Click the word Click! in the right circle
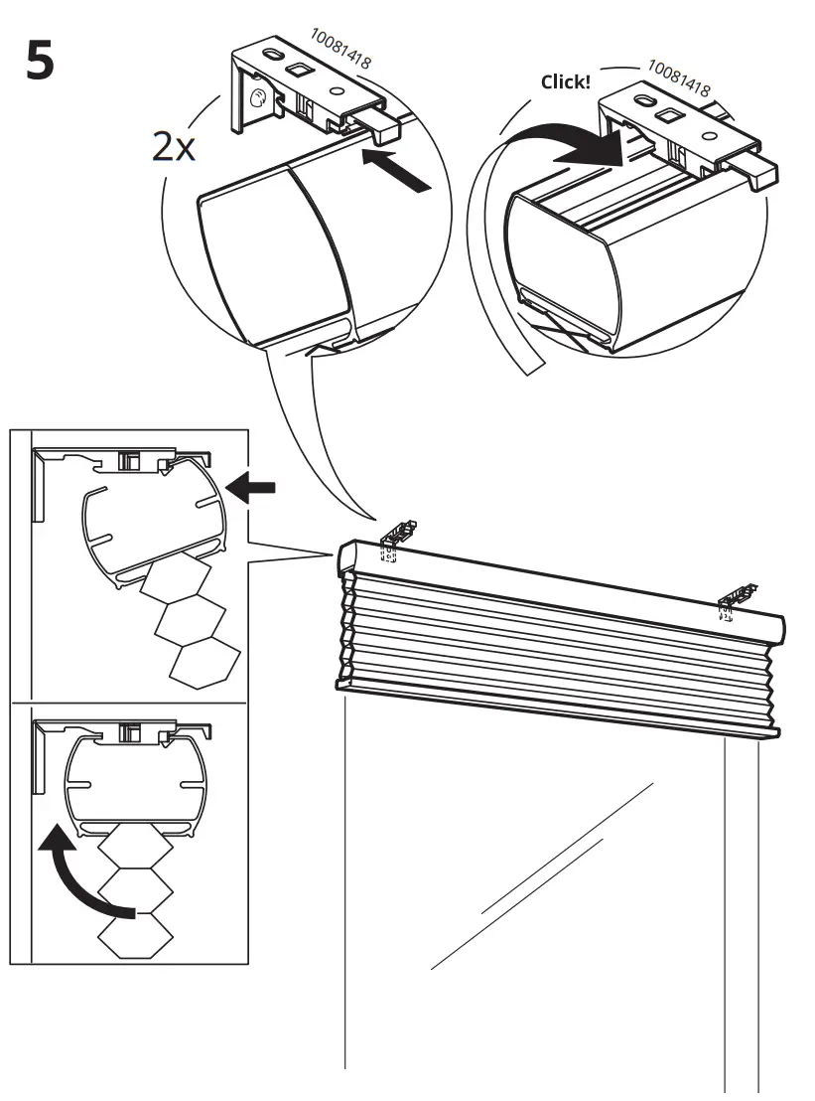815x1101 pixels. (x=565, y=81)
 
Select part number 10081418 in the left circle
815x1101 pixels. (x=340, y=48)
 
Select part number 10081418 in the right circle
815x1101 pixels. (x=679, y=79)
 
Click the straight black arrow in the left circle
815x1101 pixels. (x=398, y=168)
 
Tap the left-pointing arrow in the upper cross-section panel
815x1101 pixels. (x=250, y=487)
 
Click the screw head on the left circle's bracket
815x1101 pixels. (x=257, y=97)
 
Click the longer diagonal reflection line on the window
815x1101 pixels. (x=541, y=874)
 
